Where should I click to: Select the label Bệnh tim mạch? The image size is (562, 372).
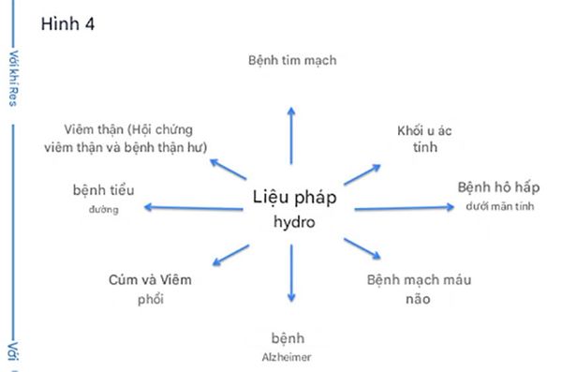click(x=291, y=61)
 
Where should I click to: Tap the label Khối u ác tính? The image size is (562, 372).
click(x=423, y=139)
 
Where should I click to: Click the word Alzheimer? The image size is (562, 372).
click(x=290, y=356)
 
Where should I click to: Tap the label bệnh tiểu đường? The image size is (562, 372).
click(x=104, y=198)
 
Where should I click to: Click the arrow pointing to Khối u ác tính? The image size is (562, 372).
click(x=358, y=175)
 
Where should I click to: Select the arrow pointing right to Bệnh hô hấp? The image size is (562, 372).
click(x=404, y=208)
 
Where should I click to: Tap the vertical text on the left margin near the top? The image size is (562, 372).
click(x=13, y=77)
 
